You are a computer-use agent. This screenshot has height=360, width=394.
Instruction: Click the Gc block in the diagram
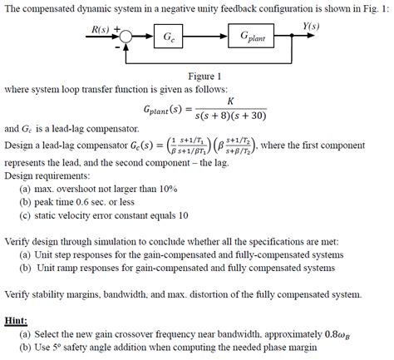pos(168,37)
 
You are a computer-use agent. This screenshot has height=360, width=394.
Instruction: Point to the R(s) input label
pos(99,31)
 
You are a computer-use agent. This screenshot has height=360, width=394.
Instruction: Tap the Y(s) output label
pos(311,27)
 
